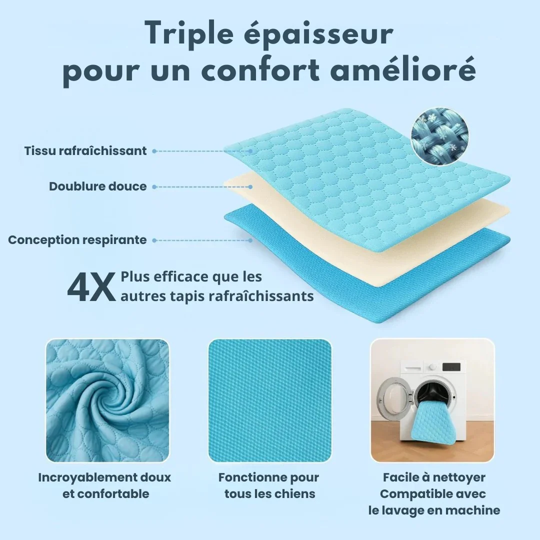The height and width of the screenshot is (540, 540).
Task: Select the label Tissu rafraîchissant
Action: (x=85, y=150)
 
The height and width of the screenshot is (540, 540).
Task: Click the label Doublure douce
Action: (x=98, y=186)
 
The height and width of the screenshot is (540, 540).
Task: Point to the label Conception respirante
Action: (x=77, y=240)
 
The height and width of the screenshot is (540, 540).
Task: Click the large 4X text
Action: (x=91, y=288)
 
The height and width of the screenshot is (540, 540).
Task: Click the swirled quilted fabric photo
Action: (x=107, y=400)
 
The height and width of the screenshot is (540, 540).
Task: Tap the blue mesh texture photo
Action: (x=270, y=400)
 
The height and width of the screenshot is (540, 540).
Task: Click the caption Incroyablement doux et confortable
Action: (x=104, y=485)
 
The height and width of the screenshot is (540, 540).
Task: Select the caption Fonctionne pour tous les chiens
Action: (x=269, y=485)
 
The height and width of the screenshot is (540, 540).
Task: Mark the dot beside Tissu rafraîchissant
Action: (x=154, y=150)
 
